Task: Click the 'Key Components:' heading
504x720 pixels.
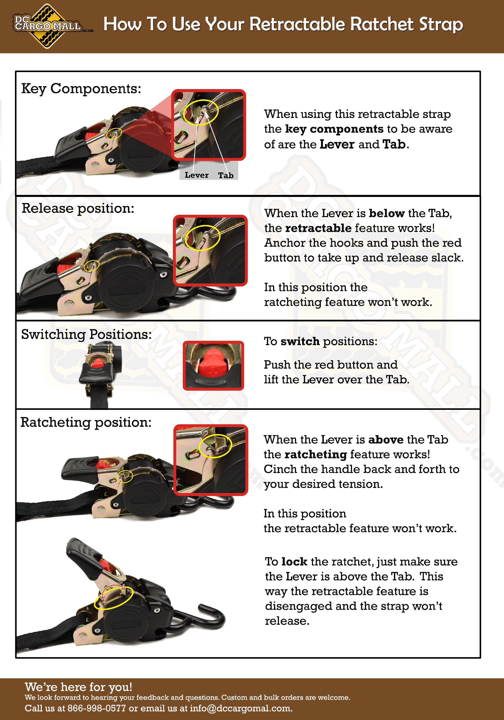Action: [x=81, y=89]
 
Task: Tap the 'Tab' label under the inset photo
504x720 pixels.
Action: [x=226, y=175]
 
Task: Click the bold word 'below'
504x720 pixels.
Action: [x=387, y=213]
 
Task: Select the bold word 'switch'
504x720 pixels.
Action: [x=300, y=341]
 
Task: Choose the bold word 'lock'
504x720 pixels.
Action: [x=294, y=562]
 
